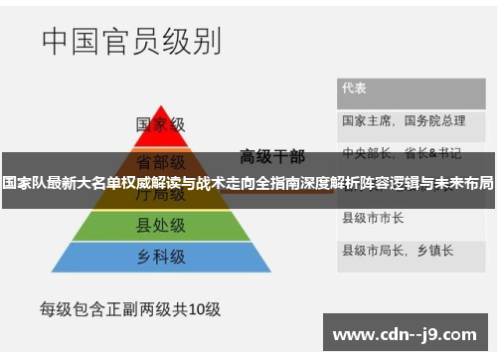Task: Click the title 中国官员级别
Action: click(x=131, y=42)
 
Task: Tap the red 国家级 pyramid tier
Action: click(x=160, y=125)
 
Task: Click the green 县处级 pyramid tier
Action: click(x=160, y=226)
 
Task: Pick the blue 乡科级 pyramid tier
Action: click(x=160, y=257)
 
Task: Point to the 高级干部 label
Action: click(x=272, y=155)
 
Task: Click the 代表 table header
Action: click(x=354, y=88)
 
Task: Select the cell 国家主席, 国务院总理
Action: click(x=404, y=120)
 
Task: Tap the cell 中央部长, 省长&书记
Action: click(x=402, y=153)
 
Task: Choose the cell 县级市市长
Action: click(x=373, y=217)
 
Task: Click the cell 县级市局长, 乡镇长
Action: click(x=398, y=249)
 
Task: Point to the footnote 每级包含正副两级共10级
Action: click(x=129, y=308)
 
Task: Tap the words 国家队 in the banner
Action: click(x=21, y=183)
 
